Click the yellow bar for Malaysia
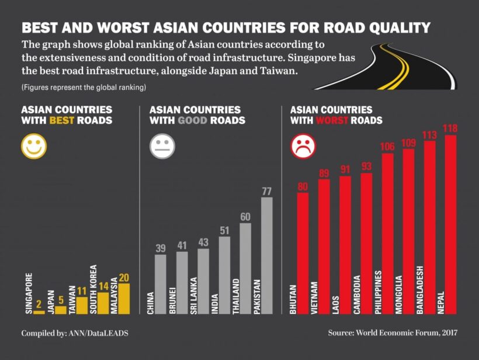124,299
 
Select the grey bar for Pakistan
267,256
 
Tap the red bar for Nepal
450,225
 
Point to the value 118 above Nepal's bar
450,129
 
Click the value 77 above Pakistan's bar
267,191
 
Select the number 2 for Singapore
39,304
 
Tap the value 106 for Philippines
387,147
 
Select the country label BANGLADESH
419,290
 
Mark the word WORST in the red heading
332,120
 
